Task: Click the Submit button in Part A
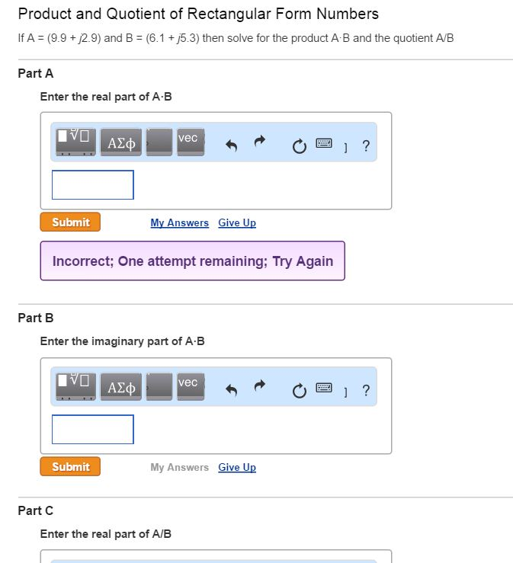tap(70, 222)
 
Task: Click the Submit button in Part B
tap(70, 467)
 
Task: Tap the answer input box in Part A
tap(93, 185)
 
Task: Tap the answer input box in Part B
tap(93, 430)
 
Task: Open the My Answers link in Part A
tap(179, 223)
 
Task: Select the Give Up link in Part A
tap(237, 223)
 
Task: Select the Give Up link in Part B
tap(237, 468)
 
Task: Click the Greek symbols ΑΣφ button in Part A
tap(122, 142)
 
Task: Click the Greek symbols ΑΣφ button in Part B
tap(122, 387)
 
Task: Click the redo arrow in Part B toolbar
tap(260, 387)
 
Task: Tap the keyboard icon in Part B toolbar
tap(323, 387)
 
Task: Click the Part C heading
tap(35, 510)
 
